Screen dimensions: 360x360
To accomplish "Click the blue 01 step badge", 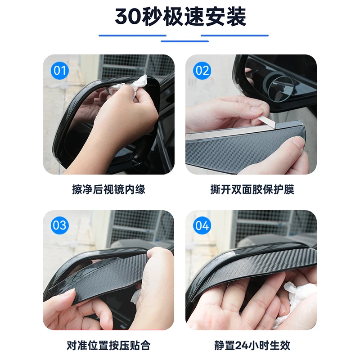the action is coord(60,71).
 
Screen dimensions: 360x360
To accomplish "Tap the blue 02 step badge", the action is coord(202,71).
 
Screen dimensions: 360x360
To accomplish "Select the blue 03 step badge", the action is coord(60,225).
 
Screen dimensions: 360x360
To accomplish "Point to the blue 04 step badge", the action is coord(202,225).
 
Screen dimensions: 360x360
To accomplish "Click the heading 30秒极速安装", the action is coord(180,17).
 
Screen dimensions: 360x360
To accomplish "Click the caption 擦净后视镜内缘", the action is coord(108,189).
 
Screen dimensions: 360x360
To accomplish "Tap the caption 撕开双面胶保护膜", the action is coord(252,189).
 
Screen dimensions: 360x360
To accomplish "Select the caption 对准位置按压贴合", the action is coord(108,346).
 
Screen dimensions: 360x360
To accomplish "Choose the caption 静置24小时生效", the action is coord(252,346).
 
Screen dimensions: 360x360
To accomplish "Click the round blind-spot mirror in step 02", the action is coord(279,88).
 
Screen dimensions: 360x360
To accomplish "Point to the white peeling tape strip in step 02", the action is coord(232,131).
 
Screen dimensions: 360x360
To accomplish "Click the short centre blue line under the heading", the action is coord(184,41).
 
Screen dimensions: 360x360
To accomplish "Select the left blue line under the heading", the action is coord(132,36).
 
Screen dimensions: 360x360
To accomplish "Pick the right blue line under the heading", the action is coord(234,36).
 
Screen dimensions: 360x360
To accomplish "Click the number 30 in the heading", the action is coord(128,17).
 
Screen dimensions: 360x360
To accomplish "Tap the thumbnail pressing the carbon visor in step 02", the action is coord(299,143).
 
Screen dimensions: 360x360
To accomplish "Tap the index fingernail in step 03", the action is coord(69,293).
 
